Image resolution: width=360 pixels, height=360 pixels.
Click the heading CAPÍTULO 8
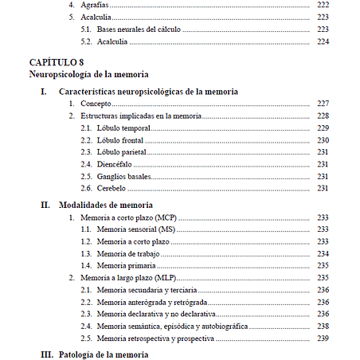click(x=57, y=62)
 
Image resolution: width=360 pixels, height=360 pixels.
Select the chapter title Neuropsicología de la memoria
click(x=88, y=75)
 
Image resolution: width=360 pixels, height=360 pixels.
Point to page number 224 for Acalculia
click(x=323, y=41)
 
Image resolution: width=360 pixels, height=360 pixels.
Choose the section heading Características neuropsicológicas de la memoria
click(x=148, y=92)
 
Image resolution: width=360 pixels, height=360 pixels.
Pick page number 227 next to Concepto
click(x=323, y=104)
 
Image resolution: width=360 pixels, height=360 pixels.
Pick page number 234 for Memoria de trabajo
click(x=323, y=253)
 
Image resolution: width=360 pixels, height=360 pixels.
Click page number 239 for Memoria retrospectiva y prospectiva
click(x=323, y=338)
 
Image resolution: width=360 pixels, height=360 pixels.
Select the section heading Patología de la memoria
click(x=104, y=353)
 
